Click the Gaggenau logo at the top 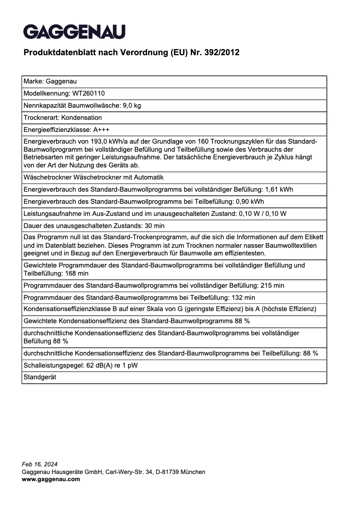point(74,32)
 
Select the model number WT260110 point(88,93)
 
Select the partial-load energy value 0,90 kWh point(250,202)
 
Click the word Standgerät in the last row point(40,377)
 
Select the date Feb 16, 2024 point(40,464)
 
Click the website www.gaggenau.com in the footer point(51,479)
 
